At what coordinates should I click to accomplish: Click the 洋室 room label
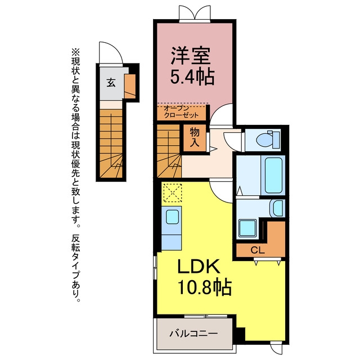(x=190, y=56)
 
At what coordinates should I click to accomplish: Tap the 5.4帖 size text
(x=192, y=76)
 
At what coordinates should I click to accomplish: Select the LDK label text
(x=199, y=266)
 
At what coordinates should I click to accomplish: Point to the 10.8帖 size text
(x=204, y=287)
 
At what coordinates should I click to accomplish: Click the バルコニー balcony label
(x=193, y=334)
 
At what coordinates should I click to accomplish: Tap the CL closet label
(x=258, y=250)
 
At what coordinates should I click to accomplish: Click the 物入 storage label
(x=195, y=138)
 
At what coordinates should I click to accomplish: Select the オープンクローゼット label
(x=181, y=112)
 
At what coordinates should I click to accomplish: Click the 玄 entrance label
(x=111, y=83)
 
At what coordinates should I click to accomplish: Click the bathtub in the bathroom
(x=273, y=175)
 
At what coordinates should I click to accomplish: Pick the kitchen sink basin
(x=172, y=217)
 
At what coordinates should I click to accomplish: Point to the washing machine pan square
(x=247, y=228)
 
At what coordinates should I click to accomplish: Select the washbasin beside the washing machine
(x=277, y=208)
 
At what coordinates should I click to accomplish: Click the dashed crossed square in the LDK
(x=172, y=192)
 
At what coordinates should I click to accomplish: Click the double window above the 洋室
(x=195, y=13)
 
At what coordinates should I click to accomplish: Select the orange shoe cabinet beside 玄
(x=130, y=86)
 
